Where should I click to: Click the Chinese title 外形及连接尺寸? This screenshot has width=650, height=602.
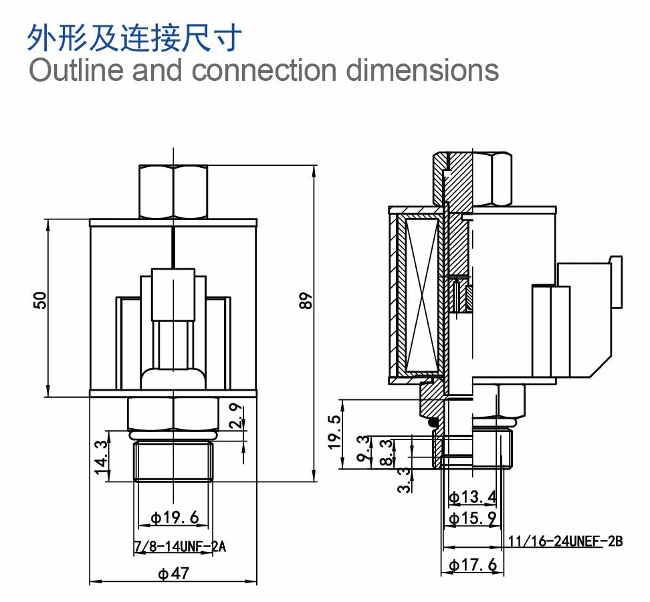click(x=134, y=37)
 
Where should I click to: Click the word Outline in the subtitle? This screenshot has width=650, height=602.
click(x=76, y=70)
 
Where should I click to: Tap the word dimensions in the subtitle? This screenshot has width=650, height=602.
click(x=422, y=70)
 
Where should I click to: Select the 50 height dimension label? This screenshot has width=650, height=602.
click(x=40, y=300)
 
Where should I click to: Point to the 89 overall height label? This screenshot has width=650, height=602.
click(x=306, y=300)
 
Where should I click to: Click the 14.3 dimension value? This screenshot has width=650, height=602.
click(x=101, y=458)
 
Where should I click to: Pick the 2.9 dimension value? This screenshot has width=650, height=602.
click(x=235, y=416)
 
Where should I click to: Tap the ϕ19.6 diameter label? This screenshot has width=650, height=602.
click(x=175, y=518)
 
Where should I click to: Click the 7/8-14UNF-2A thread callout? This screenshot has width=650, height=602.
click(x=180, y=546)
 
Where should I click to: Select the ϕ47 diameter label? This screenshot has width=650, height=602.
click(x=174, y=573)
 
